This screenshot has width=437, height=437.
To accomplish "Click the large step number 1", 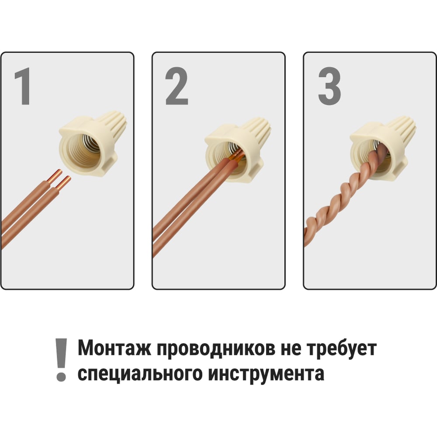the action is pos(23,86).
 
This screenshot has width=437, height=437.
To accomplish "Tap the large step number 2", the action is pos(177,86).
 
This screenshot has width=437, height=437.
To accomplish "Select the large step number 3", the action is pos(329,86).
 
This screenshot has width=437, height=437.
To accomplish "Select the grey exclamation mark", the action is pos(61,360).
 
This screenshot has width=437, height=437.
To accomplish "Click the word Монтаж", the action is pos(114,348).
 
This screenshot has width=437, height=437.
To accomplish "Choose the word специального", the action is pos(140,374).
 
